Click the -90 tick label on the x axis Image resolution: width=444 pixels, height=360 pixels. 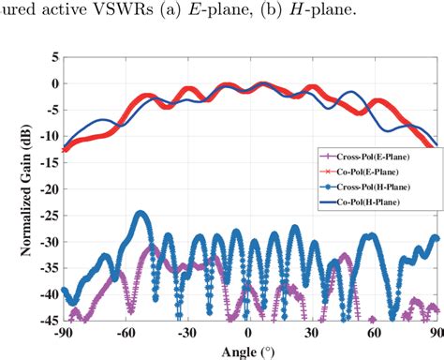[64, 333]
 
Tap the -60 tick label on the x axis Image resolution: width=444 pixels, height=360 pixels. [125, 333]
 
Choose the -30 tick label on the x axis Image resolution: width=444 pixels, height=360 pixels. [186, 333]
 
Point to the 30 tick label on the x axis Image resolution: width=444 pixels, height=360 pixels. [311, 333]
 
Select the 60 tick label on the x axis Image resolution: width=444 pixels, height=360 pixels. [373, 333]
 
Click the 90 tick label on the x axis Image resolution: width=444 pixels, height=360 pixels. [434, 333]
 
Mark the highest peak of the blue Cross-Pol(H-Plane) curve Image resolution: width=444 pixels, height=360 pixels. [141, 215]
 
